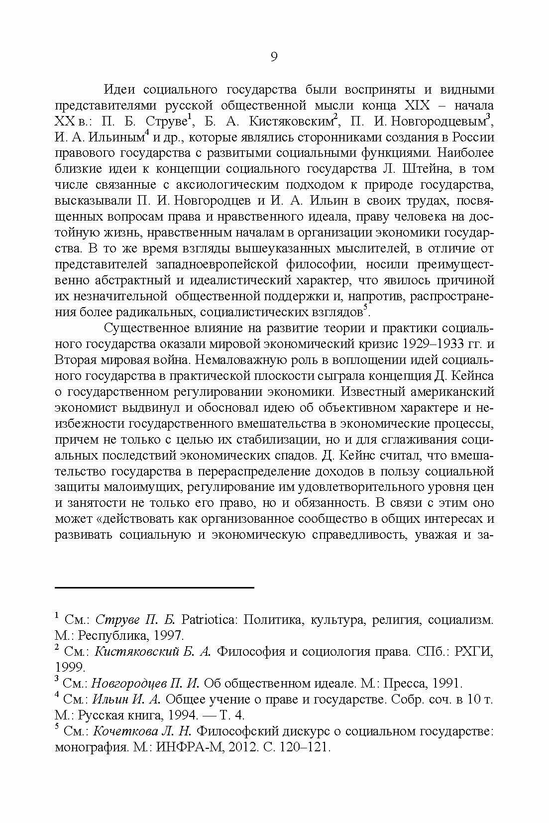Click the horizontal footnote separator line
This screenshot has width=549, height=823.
154,588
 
